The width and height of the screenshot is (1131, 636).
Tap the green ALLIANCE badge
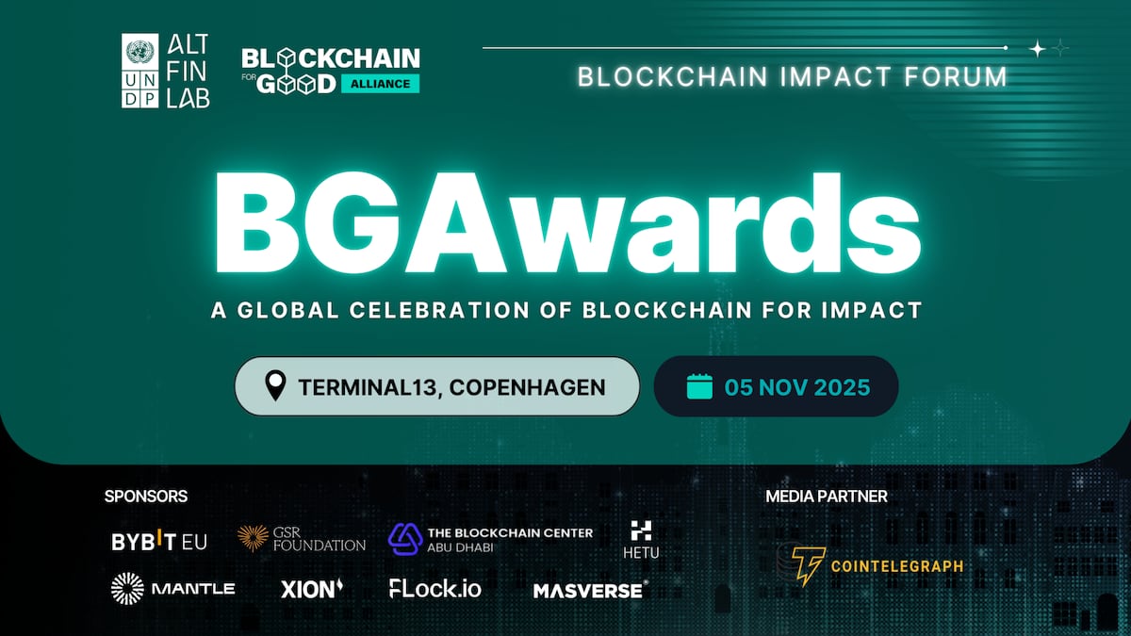pos(380,83)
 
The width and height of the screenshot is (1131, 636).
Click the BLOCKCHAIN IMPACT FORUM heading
pos(792,76)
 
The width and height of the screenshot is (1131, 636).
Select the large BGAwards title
pos(566,223)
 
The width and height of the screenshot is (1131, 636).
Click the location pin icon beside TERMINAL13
pos(275,385)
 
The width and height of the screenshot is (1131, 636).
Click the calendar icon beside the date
pos(699,386)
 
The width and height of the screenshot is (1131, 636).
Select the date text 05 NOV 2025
pos(796,387)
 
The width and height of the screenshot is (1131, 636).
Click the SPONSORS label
pos(146,496)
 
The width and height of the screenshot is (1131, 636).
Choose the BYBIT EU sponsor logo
pos(159,541)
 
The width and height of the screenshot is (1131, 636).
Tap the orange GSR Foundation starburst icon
pos(253,538)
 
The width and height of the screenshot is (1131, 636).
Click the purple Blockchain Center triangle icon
pos(405,538)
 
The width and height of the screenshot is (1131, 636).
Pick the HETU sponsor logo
pos(641,540)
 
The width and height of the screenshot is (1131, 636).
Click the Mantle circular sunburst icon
pos(127,589)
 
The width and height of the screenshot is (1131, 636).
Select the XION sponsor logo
pos(312,589)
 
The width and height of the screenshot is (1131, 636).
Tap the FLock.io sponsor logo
pos(435,589)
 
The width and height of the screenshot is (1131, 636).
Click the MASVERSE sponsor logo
pos(590,591)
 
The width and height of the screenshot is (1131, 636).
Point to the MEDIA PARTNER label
pos(827,496)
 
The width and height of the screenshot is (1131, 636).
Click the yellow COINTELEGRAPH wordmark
pos(896,566)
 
